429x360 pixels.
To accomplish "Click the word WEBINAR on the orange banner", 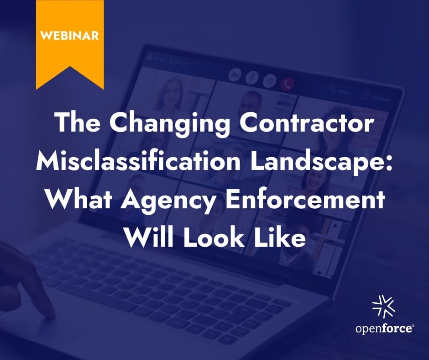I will (x=69, y=35).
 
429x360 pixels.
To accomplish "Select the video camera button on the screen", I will (x=235, y=75).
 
